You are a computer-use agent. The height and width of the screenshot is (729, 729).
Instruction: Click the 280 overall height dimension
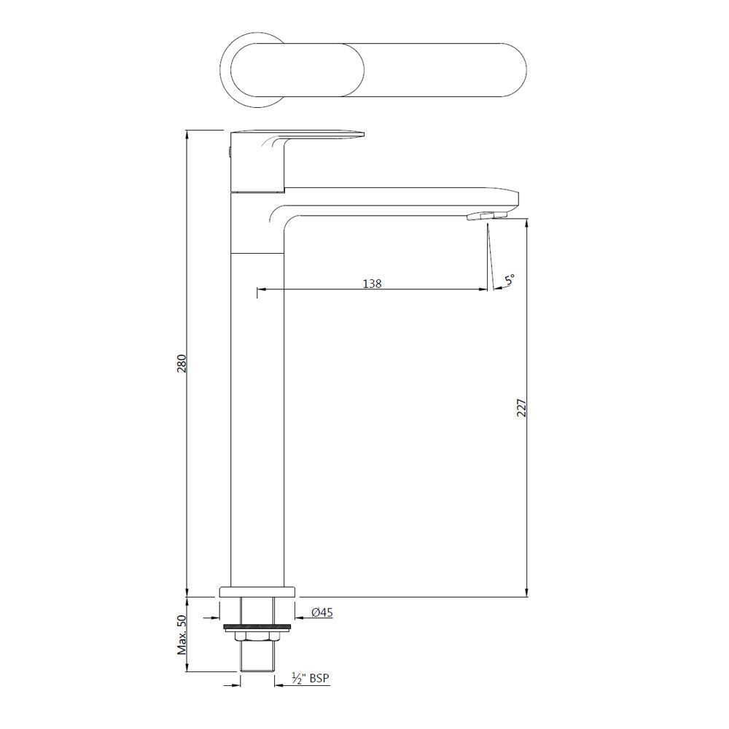[x=182, y=362]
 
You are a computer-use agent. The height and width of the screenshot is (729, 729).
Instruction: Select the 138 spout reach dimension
[x=372, y=283]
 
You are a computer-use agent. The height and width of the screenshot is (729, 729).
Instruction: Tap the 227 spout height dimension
[x=521, y=408]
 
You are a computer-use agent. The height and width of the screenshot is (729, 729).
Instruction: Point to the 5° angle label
[x=509, y=279]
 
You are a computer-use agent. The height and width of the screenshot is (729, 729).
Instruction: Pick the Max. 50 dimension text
[x=182, y=634]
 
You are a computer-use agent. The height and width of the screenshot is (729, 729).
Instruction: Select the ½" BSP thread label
[x=310, y=679]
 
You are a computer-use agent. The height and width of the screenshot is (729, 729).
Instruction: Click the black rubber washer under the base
[x=257, y=625]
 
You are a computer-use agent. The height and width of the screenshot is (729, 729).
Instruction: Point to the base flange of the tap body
[x=257, y=592]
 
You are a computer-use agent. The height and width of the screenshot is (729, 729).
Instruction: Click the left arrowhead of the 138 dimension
[x=260, y=290]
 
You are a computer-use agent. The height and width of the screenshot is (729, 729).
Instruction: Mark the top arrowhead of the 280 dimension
[x=187, y=136]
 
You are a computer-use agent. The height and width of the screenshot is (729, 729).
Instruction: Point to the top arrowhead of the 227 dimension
[x=526, y=222]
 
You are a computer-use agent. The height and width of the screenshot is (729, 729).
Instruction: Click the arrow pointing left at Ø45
[x=300, y=613]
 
